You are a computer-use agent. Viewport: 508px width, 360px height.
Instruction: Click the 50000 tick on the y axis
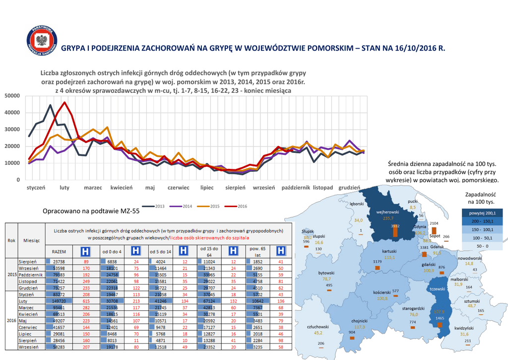[x=11, y=95]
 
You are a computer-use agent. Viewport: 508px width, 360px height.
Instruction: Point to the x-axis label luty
[x=64, y=188]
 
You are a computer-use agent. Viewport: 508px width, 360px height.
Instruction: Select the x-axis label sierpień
[x=236, y=188]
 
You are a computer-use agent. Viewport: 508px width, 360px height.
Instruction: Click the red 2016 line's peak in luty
[x=65, y=103]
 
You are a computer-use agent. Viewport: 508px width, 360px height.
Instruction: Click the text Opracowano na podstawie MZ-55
[x=91, y=211]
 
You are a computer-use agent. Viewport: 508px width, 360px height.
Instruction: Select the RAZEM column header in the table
[x=59, y=252]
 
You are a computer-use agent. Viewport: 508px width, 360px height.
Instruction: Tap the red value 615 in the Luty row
[x=86, y=300]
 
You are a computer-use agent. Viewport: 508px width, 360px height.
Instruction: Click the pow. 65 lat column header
[x=257, y=252]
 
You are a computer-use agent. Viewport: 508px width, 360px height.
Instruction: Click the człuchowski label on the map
[x=318, y=326]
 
